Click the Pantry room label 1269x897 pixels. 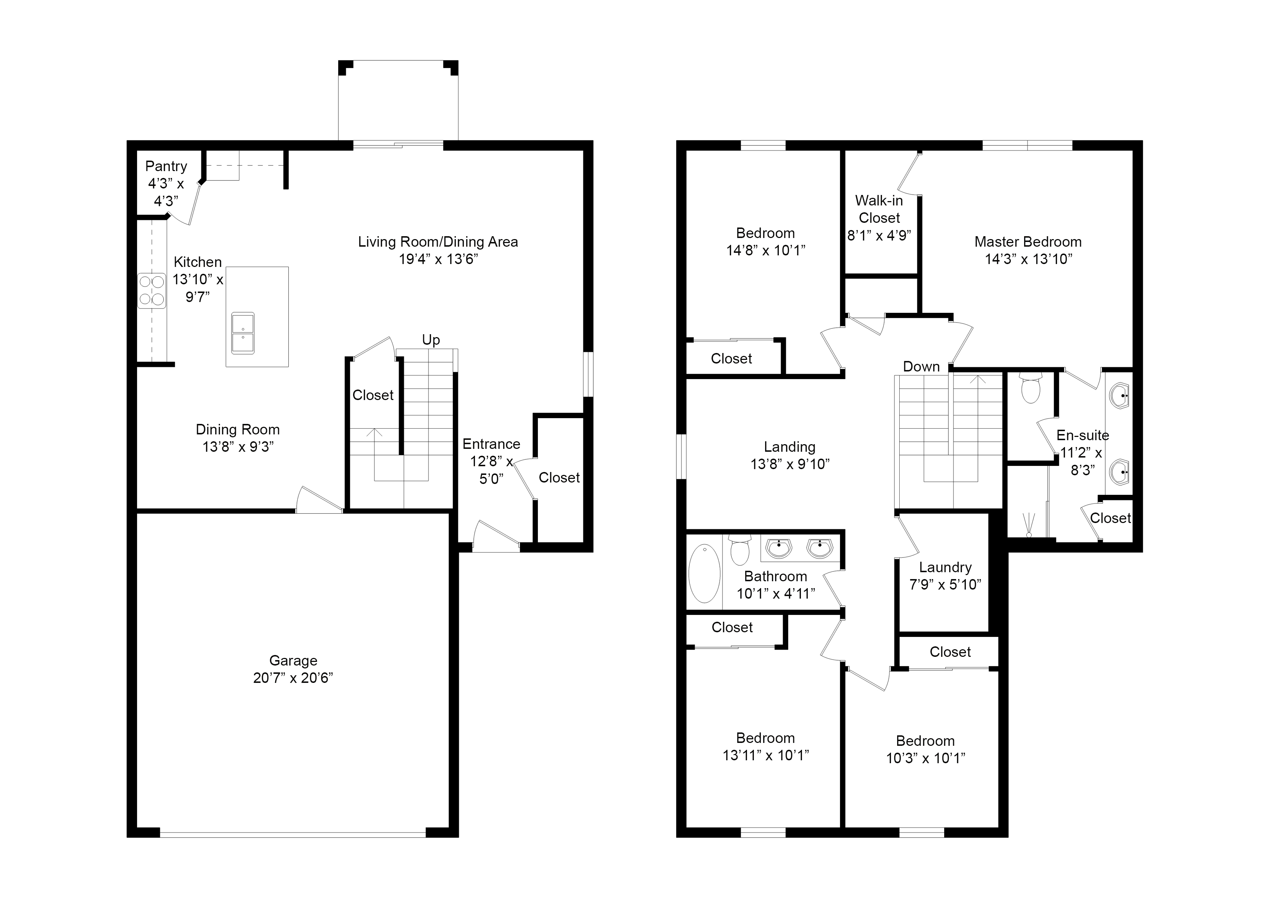(166, 166)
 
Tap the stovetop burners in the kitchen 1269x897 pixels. (152, 291)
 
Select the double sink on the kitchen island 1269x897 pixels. (243, 333)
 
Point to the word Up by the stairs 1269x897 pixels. (430, 340)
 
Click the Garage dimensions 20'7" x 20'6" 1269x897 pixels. (293, 678)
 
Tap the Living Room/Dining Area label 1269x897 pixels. (438, 242)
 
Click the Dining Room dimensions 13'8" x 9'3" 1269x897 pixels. (238, 447)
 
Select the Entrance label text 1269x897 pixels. (491, 445)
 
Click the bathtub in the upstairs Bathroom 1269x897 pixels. (704, 574)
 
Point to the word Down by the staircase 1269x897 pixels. (921, 367)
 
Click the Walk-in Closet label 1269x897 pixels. (879, 209)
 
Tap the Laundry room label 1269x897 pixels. (945, 567)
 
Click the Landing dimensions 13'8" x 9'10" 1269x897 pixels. (790, 464)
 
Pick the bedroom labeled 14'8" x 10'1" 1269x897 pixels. (765, 242)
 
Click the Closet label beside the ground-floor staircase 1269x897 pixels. (373, 395)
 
